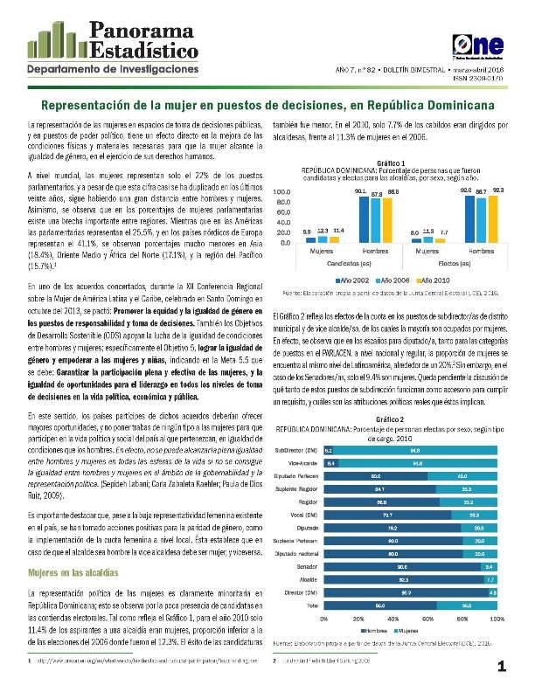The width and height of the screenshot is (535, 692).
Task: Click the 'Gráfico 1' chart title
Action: [390, 163]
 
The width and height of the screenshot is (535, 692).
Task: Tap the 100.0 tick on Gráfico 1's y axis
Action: [284, 190]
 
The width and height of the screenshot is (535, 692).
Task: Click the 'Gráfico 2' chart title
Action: [390, 420]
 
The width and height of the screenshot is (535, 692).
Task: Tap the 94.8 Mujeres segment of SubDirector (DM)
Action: [416, 451]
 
